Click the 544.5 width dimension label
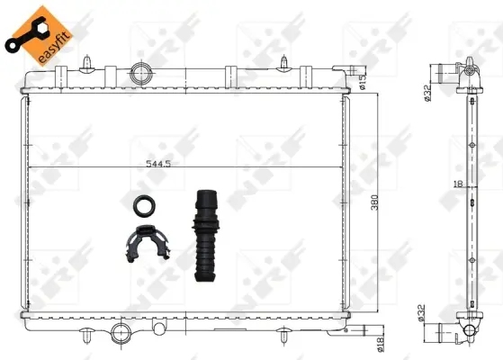coord(158,164)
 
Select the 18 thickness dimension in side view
coord(457,184)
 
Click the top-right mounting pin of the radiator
coord(284,62)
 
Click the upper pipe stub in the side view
coord(445,72)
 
